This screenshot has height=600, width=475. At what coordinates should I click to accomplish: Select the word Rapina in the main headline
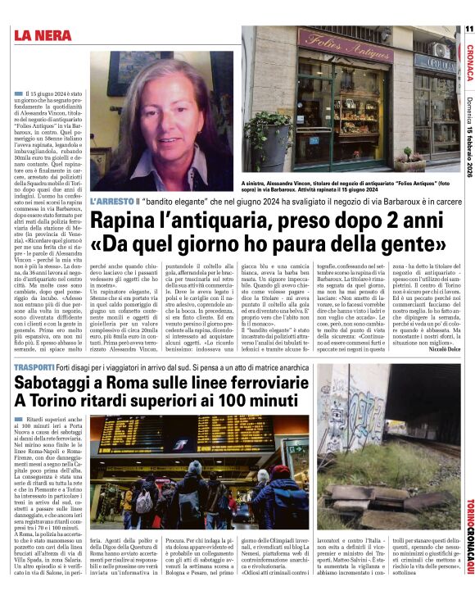[124, 220]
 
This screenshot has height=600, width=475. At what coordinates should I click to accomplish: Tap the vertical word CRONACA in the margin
[468, 61]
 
